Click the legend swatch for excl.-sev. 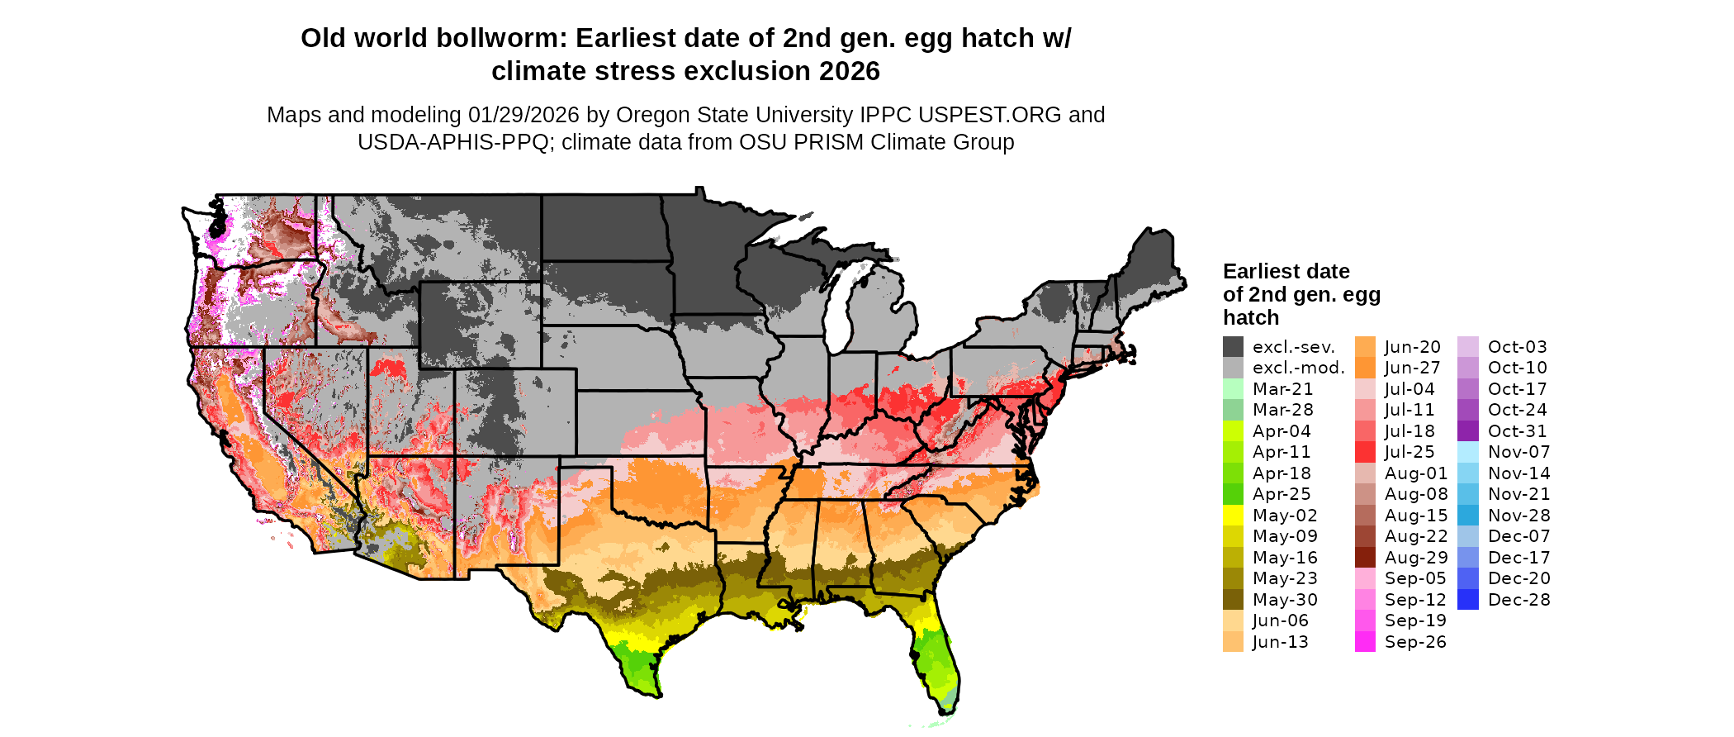1233,347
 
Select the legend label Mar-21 1282,389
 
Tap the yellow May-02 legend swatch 1233,516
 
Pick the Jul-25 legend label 1409,452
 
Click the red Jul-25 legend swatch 1365,452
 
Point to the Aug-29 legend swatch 1365,558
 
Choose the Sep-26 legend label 1415,642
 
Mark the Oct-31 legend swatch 1468,431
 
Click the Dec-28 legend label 1519,600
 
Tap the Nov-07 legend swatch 1468,452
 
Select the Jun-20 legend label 1412,347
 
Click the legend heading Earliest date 1286,271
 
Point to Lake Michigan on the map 841,306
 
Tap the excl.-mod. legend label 1298,368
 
